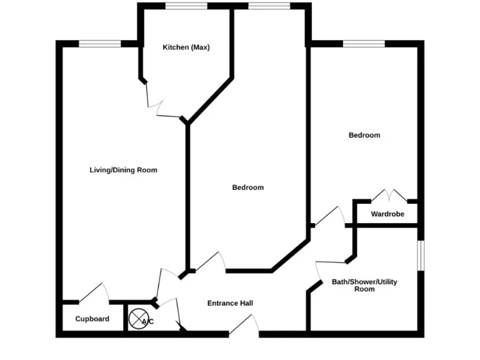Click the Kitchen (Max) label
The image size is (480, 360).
coord(186,47)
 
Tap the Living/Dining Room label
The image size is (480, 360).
coord(123,170)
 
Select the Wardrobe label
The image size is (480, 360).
coord(387,214)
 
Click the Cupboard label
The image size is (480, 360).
coord(92,319)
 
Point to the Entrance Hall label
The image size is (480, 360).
coord(230,304)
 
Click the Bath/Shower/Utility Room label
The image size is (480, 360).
coord(364,286)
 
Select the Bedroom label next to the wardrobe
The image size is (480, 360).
coord(364,135)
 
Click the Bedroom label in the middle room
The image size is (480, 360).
coord(247,187)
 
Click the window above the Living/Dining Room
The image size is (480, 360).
coord(99,43)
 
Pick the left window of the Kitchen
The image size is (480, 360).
coord(186,6)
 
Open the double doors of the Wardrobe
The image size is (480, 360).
coord(390,195)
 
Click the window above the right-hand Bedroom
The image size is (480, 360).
coord(364,43)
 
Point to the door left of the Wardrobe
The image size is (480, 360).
coord(330,216)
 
